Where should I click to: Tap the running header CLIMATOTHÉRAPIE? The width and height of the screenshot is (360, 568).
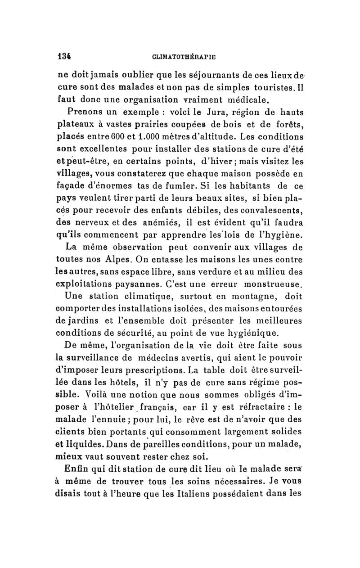(x=184, y=58)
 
